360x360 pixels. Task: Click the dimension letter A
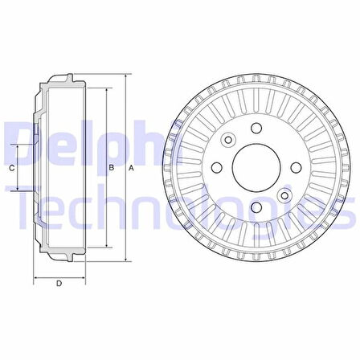(131, 168)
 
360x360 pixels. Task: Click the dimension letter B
(112, 168)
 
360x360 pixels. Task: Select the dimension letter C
(12, 168)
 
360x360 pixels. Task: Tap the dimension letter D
(59, 283)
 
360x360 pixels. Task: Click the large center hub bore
(256, 168)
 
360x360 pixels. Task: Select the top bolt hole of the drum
(256, 128)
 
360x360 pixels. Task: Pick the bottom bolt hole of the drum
(256, 207)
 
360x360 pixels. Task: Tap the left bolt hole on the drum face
(217, 168)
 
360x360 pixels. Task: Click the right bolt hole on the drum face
(296, 168)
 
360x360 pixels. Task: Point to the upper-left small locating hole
(228, 140)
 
